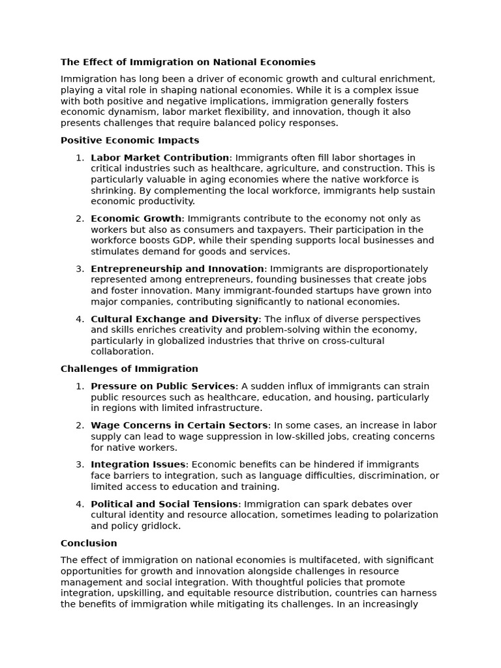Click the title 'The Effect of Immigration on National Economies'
188,62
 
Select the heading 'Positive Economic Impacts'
130,140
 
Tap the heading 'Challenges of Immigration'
129,369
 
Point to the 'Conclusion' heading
89,543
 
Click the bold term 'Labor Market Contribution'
160,157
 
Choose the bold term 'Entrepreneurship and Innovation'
177,269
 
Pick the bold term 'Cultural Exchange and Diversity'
174,319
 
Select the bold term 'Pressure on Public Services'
162,386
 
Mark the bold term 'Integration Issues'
138,464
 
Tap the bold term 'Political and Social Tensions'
164,504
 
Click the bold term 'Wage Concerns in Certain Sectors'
179,425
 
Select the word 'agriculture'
267,168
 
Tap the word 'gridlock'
162,526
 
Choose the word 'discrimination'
395,476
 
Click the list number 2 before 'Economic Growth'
80,219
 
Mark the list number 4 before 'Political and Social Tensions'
80,504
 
